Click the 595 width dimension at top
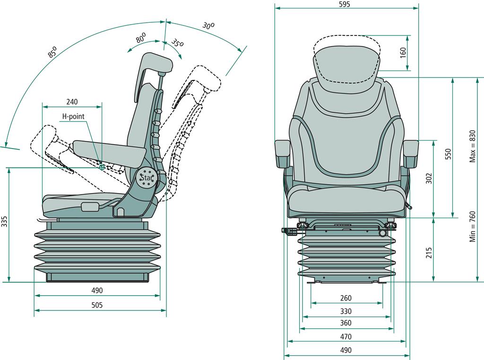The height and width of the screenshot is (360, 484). pos(344,4)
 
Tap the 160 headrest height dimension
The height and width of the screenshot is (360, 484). pos(403,52)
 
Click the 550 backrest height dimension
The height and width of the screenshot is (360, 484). pos(449,155)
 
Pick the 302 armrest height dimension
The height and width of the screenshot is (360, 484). pos(429,178)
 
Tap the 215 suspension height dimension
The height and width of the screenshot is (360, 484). pos(429,253)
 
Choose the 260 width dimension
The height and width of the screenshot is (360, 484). pos(346,299)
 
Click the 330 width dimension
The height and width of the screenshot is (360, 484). pos(346,311)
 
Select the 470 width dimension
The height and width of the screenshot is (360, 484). pos(346,337)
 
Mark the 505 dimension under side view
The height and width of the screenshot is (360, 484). pos(96,306)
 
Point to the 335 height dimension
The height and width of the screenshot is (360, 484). pos(5,222)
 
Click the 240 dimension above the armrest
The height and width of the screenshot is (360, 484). pos(72,102)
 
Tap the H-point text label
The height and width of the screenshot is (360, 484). pos(73,116)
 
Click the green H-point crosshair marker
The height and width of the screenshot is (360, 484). pos(102,167)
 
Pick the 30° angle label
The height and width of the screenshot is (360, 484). pos(208,26)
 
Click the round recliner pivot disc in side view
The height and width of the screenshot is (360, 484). pos(147,178)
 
